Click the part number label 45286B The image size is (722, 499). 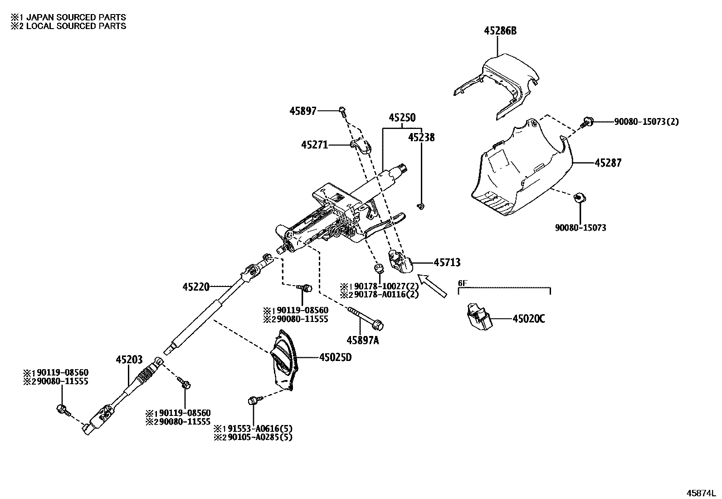500,31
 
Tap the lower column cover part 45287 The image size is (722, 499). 517,173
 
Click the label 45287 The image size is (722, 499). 608,163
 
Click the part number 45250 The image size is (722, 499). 402,118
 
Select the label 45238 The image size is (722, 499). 421,137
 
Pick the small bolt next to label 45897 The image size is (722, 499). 342,110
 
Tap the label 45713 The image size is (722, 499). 447,262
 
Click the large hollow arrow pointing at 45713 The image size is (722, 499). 432,287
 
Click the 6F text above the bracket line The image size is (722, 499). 462,283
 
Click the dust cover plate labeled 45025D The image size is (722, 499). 283,361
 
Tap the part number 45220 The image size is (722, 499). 196,287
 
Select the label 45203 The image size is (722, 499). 129,360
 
